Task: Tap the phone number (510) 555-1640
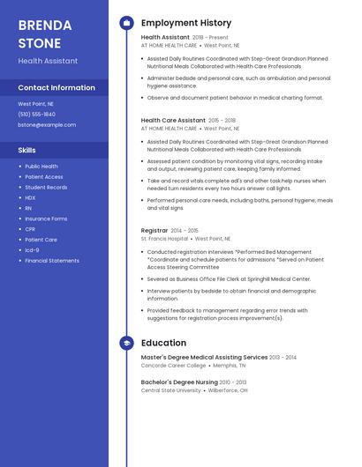point(36,115)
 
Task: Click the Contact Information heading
point(57,88)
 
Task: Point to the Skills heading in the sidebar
point(26,151)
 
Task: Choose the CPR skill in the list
point(30,229)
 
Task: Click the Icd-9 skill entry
point(32,250)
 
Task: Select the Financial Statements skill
point(51,261)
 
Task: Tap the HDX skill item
point(30,197)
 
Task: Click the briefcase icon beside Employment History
point(126,23)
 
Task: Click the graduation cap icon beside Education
point(126,343)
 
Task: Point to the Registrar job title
point(155,230)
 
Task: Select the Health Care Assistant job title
point(173,120)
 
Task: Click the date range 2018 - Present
point(210,38)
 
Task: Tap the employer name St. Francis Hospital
point(164,238)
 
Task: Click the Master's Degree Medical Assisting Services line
point(204,357)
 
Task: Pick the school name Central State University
point(170,389)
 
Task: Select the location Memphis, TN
point(230,365)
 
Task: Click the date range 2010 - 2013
point(234,382)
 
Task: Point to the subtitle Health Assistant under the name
point(48,61)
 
